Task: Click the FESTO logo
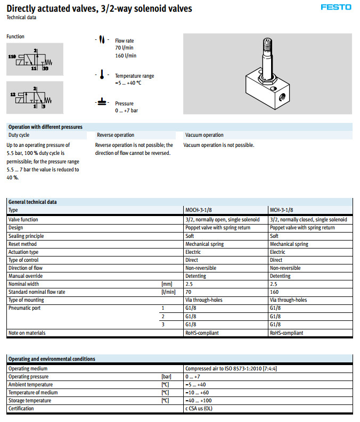tap(336, 7)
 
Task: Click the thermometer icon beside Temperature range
tap(101, 75)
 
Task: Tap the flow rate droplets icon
tap(101, 40)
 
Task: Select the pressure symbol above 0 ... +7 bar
tap(101, 101)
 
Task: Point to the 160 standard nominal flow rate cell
tap(274, 292)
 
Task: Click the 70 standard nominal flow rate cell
tap(189, 292)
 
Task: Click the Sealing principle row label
tap(26, 236)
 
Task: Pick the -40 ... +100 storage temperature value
tap(198, 400)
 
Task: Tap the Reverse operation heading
tap(116, 135)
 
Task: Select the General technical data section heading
tap(32, 202)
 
